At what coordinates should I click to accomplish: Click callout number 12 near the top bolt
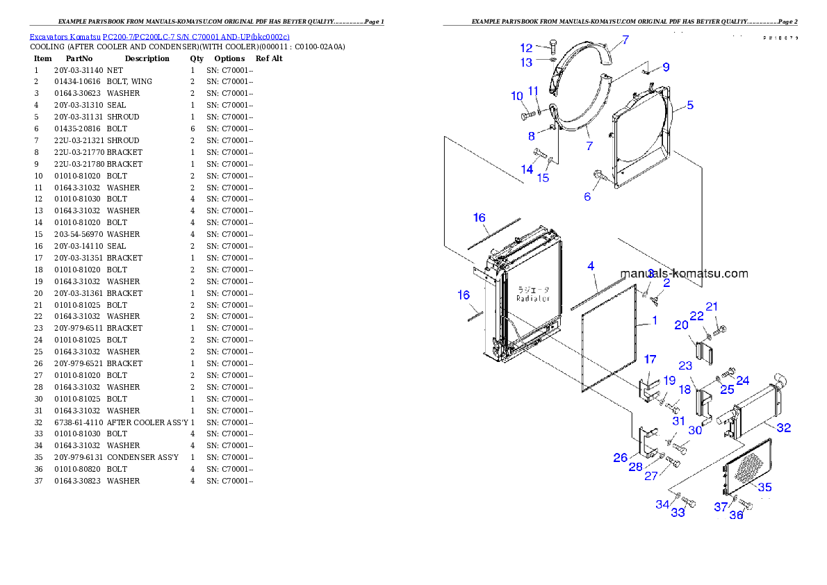pyautogui.click(x=526, y=48)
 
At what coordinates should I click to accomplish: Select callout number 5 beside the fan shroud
pyautogui.click(x=689, y=106)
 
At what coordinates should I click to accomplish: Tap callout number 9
pyautogui.click(x=666, y=67)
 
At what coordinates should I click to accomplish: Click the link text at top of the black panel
pyautogui.click(x=159, y=36)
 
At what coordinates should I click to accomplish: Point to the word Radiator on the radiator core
pyautogui.click(x=533, y=298)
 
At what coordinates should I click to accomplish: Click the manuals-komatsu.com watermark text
pyautogui.click(x=684, y=273)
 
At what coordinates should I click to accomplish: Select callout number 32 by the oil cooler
pyautogui.click(x=783, y=428)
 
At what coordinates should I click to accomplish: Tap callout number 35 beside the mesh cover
pyautogui.click(x=764, y=488)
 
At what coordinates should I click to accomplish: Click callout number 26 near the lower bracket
pyautogui.click(x=621, y=458)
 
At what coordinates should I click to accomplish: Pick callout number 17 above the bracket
pyautogui.click(x=650, y=359)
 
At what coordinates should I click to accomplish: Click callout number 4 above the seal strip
pyautogui.click(x=591, y=266)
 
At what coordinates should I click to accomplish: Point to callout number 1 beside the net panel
pyautogui.click(x=654, y=321)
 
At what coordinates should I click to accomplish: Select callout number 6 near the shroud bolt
pyautogui.click(x=587, y=197)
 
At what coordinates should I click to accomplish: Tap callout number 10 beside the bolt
pyautogui.click(x=517, y=96)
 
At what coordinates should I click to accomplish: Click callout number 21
pyautogui.click(x=712, y=306)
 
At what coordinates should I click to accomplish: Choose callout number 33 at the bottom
pyautogui.click(x=678, y=513)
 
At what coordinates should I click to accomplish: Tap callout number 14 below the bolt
pyautogui.click(x=527, y=170)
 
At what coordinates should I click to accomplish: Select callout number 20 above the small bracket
pyautogui.click(x=681, y=324)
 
